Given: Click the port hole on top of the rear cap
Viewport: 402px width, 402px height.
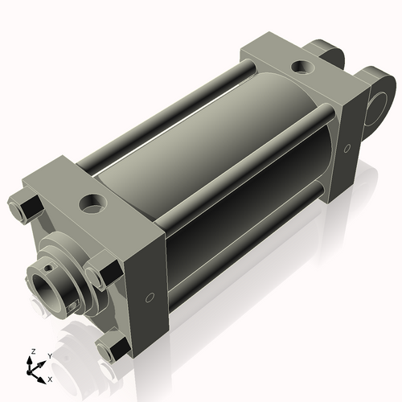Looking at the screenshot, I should click(x=303, y=67).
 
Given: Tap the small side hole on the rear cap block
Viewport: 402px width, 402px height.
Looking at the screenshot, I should click(x=347, y=148).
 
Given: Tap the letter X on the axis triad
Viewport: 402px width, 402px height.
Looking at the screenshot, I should click(x=50, y=378).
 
